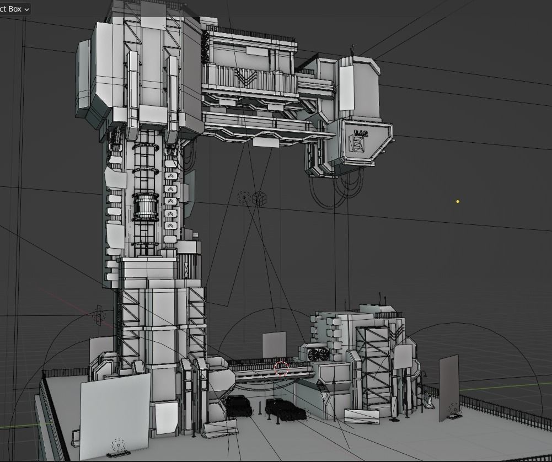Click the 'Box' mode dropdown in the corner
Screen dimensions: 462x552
[x=15, y=9]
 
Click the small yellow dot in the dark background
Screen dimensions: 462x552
[x=458, y=202]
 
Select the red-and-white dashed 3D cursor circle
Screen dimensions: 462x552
[x=282, y=368]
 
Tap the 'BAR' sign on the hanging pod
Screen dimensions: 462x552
[x=361, y=133]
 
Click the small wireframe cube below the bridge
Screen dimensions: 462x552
[x=258, y=198]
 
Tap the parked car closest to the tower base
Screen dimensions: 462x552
[x=239, y=406]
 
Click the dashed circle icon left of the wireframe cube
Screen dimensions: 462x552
[x=243, y=197]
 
